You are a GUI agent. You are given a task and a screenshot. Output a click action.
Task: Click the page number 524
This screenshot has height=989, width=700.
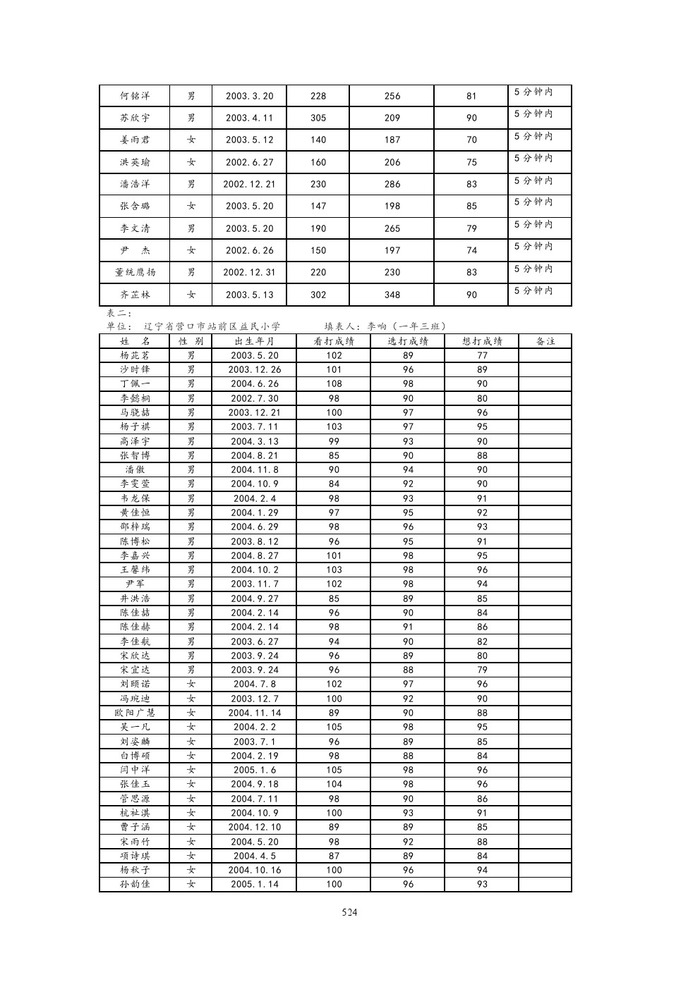[x=349, y=912]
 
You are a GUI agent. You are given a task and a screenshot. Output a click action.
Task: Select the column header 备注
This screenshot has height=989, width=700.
[x=545, y=341]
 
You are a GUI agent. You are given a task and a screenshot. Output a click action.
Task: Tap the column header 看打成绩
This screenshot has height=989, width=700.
[x=334, y=341]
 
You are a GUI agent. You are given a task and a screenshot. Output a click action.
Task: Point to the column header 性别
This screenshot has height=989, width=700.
[x=191, y=341]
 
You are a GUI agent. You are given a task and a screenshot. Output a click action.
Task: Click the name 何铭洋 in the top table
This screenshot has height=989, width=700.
[x=134, y=96]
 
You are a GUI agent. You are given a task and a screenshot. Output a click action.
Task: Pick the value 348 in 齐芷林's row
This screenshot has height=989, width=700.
[x=392, y=295]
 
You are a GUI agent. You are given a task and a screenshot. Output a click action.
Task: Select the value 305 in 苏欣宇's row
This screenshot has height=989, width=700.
[x=318, y=118]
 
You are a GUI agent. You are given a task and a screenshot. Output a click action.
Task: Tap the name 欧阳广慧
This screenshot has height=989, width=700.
[x=134, y=713]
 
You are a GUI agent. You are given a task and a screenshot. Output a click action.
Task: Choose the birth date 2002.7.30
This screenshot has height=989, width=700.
[x=255, y=398]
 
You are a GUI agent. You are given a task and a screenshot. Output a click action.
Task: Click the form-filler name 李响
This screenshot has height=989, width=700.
[x=378, y=326]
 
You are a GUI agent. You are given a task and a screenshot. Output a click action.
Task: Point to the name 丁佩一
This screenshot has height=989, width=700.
[x=134, y=383]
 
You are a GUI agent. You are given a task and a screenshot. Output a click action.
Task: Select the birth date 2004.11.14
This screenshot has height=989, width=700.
[x=255, y=713]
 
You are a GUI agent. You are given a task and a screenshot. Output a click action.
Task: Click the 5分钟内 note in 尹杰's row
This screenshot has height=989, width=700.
[x=533, y=247]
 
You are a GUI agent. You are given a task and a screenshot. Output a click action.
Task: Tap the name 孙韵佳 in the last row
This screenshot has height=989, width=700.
[x=134, y=884]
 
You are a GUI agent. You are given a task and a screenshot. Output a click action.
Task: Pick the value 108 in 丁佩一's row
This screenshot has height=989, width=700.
[x=334, y=383]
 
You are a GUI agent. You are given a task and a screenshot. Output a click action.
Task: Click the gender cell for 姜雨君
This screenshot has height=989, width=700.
[x=191, y=140]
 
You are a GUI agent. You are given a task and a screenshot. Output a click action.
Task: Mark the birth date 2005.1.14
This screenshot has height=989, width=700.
[x=255, y=884]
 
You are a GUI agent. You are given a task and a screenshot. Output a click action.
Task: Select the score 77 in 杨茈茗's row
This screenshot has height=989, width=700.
[x=482, y=355]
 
